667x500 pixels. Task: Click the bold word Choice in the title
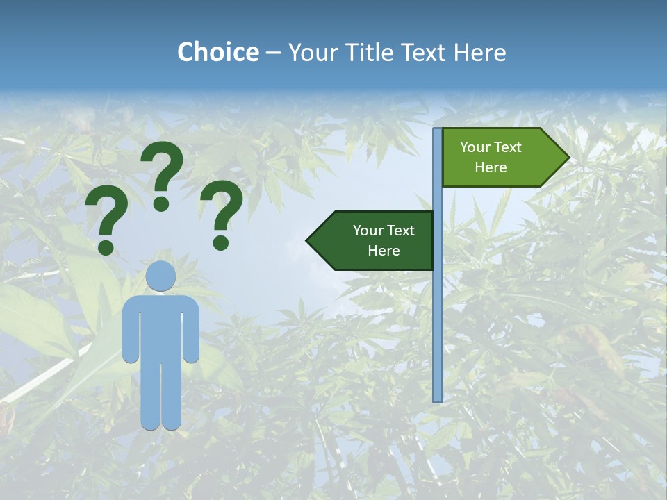(217, 52)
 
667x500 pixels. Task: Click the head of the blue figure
(161, 276)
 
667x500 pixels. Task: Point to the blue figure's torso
(161, 326)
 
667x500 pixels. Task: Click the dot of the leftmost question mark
(106, 247)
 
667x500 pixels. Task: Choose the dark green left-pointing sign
(375, 240)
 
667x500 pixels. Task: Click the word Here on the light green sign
(491, 167)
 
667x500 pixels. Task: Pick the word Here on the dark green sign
(384, 251)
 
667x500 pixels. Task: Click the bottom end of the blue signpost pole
(438, 399)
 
